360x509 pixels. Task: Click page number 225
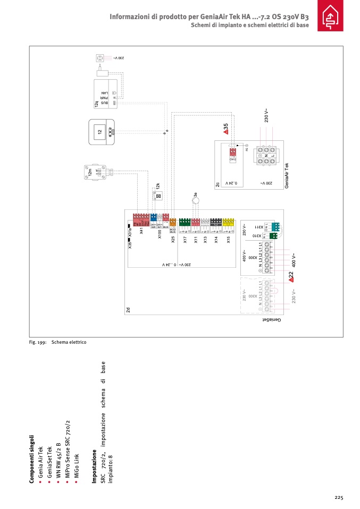coord(339,497)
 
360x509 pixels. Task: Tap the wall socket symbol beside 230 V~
coord(99,57)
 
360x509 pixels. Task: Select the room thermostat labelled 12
coord(101,131)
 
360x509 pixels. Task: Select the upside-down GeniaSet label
coord(271,320)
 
